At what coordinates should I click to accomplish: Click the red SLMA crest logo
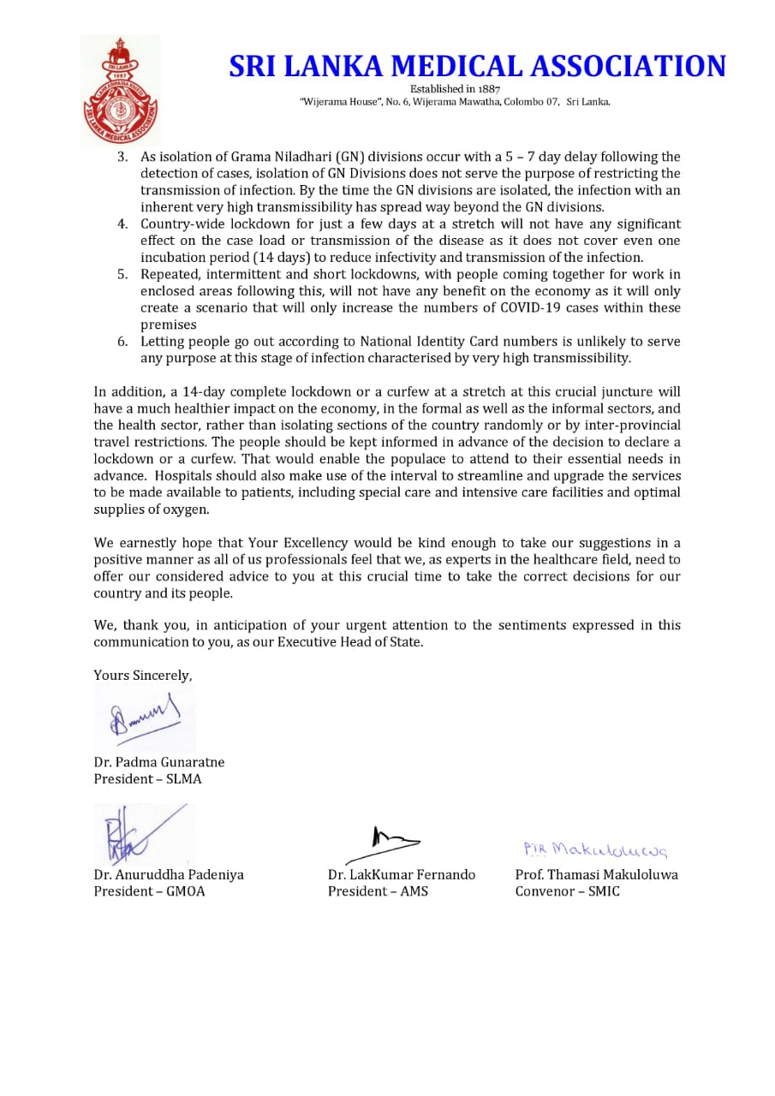121,90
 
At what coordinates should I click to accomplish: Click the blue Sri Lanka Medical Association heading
477,67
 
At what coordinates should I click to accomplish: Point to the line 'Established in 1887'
455,88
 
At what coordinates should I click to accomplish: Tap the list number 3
122,157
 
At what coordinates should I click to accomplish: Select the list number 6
122,341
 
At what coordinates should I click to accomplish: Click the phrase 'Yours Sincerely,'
143,676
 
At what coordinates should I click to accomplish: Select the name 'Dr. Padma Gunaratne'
159,762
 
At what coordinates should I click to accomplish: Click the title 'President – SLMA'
148,779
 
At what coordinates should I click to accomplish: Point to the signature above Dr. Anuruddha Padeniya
137,835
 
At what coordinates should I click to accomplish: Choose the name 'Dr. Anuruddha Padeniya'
169,874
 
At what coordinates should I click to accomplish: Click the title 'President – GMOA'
150,891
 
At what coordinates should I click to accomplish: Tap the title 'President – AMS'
378,891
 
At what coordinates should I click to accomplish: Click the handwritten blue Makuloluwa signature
595,849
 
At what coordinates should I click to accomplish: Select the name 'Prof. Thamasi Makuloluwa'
596,874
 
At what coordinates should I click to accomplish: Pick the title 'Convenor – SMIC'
567,891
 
